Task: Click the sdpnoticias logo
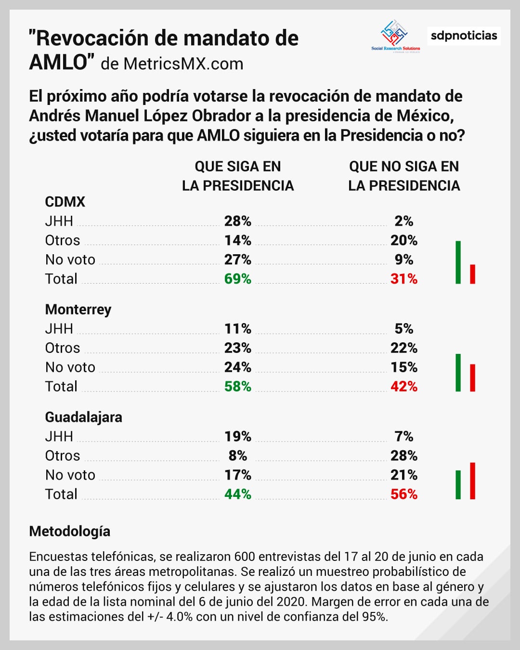click(464, 36)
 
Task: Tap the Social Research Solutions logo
click(395, 36)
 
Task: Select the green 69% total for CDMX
click(237, 279)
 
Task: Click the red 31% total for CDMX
click(403, 279)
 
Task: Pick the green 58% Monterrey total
click(237, 386)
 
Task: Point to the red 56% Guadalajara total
click(403, 494)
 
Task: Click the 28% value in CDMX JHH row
click(237, 221)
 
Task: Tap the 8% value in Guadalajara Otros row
click(237, 455)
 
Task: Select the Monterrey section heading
click(78, 309)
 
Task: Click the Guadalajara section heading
click(83, 417)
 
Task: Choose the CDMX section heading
click(65, 202)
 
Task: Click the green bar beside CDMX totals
click(458, 262)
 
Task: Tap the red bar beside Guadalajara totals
click(472, 481)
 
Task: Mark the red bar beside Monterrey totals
click(472, 378)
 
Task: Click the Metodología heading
click(69, 531)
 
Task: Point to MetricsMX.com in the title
click(183, 64)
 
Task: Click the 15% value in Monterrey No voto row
click(403, 367)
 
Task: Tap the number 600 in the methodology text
click(245, 557)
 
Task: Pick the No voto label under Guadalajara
click(70, 475)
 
